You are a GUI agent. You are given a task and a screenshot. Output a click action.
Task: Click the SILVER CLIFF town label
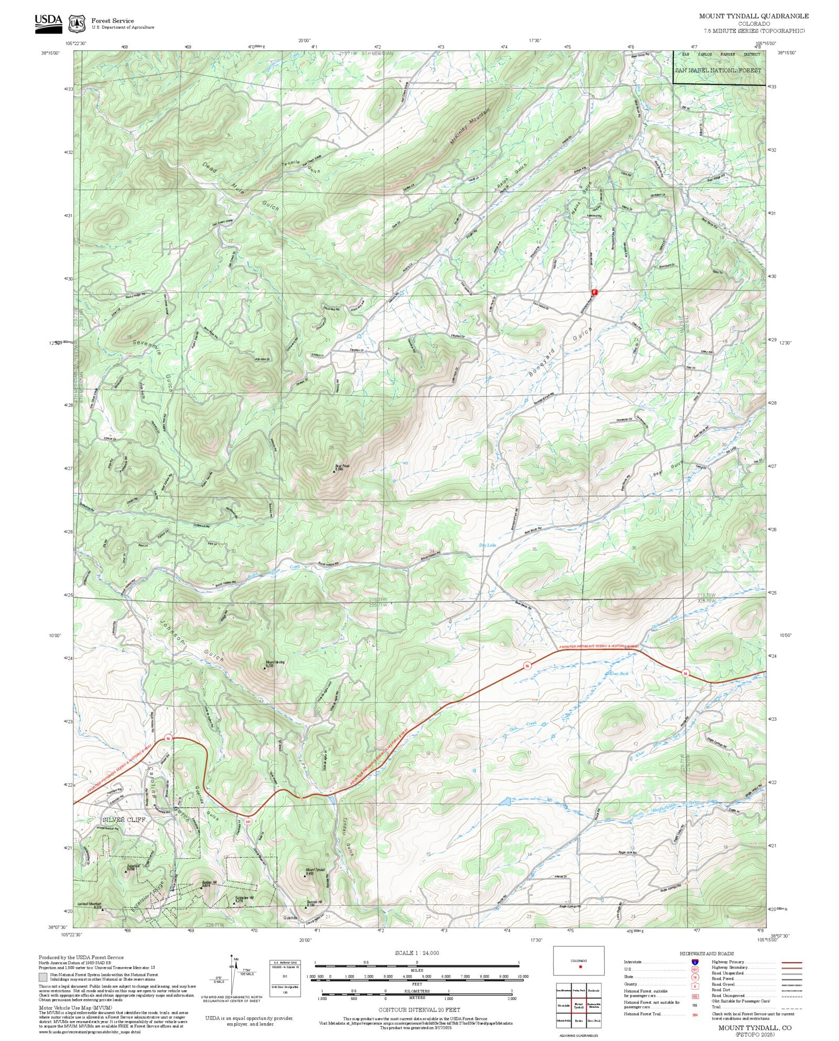pyautogui.click(x=124, y=820)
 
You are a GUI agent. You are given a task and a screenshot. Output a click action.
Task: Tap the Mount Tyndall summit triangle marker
pyautogui.click(x=306, y=875)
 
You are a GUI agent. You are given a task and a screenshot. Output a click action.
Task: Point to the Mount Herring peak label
pyautogui.click(x=275, y=663)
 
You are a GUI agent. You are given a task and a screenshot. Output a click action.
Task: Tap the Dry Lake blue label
pyautogui.click(x=487, y=545)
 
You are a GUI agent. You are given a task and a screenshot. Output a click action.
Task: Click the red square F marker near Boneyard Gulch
pyautogui.click(x=594, y=291)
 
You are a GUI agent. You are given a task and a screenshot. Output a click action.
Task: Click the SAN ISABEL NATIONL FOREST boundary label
pyautogui.click(x=718, y=70)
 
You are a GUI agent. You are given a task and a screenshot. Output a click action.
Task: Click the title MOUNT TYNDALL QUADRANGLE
pyautogui.click(x=754, y=16)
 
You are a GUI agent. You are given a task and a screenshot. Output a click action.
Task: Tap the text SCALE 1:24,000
pyautogui.click(x=417, y=953)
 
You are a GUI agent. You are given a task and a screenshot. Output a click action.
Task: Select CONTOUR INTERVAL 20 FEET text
pyautogui.click(x=419, y=1010)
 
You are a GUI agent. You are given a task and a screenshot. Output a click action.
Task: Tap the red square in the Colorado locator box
pyautogui.click(x=580, y=967)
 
